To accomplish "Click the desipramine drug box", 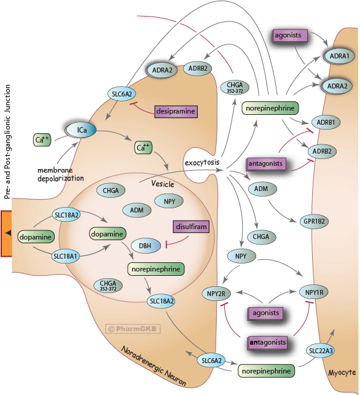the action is [176, 111].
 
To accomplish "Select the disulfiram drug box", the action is [191, 227].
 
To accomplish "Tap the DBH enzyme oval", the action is [146, 246].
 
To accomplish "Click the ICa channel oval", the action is [81, 130].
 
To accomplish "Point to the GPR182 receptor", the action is [314, 221].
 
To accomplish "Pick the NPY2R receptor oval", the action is [216, 294].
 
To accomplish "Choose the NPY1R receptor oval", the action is [314, 292].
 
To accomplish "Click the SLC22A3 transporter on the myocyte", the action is [321, 351].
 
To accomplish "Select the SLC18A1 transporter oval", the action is [66, 256].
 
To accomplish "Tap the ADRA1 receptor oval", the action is [339, 56].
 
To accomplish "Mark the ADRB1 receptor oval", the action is [326, 122].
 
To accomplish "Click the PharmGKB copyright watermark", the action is [133, 329].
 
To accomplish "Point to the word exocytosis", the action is [202, 162].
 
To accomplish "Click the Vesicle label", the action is [163, 184].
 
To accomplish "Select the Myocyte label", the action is [342, 373].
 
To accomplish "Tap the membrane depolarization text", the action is [60, 174].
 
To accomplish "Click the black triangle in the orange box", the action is [9, 233].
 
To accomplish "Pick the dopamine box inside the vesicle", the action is [108, 234].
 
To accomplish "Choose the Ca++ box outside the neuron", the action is [42, 140].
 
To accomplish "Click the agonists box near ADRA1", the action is [290, 36].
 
